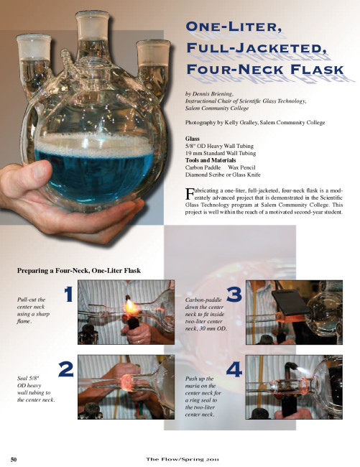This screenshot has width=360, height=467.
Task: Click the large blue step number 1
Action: pos(69,295)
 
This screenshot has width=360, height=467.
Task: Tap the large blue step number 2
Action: pos(66,369)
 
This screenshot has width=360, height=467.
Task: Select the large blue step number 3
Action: pos(234,295)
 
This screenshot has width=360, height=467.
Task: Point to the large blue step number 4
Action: pos(234,369)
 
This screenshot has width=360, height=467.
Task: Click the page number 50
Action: pos(14,459)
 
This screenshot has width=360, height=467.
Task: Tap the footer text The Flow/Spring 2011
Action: pos(183,459)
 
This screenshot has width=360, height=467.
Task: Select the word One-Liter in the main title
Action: pos(234,27)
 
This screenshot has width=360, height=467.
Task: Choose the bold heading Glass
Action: pos(193,139)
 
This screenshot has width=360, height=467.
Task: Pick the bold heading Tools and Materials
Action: pos(211,160)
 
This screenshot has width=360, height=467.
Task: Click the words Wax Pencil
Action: pos(241,167)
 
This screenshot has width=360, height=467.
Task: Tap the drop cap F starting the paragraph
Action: pos(189,194)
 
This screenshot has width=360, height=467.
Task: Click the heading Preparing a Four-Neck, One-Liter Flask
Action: pos(79,271)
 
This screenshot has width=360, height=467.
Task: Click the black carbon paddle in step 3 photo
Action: pos(290,302)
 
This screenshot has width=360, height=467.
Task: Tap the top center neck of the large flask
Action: pos(92,33)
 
